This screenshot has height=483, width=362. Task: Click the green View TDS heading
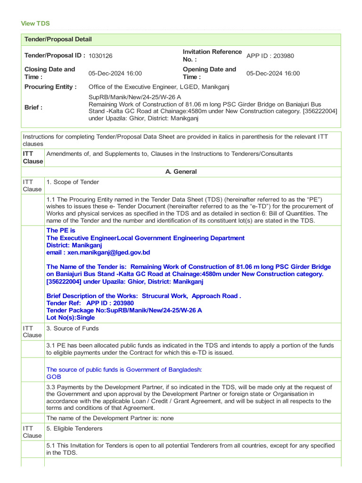coord(35,24)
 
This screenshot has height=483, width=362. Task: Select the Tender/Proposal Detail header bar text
coord(58,40)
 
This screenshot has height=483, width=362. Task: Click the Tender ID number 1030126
coord(100,56)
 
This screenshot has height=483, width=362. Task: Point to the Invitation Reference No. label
coord(212,56)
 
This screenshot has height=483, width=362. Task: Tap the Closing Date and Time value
coord(115,73)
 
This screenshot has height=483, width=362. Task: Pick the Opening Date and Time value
coord(273,73)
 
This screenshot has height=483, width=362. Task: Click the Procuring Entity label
coord(50,87)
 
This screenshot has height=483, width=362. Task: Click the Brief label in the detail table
coord(33,108)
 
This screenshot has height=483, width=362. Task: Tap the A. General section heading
coord(181,172)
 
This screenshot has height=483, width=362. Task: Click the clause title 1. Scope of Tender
coord(73,182)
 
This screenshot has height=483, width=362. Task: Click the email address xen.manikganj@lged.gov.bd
coord(98,252)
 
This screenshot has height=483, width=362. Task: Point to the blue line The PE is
coord(61,231)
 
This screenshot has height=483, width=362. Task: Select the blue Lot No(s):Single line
coord(71,317)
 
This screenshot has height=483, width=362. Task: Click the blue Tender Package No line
coord(124,310)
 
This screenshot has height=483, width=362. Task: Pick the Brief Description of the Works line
coord(144,296)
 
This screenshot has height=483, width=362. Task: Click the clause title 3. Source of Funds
coord(73,328)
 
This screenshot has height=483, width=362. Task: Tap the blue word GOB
coord(54,377)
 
